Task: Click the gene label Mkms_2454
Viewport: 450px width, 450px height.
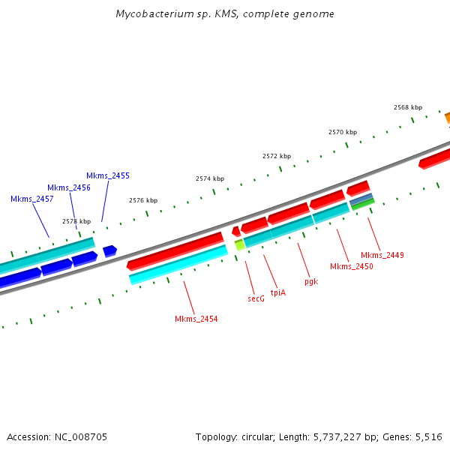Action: tap(196, 319)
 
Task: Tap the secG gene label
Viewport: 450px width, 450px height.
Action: tap(256, 298)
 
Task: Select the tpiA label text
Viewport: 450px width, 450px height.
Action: tap(277, 292)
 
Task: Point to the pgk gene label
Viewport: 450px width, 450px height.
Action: tap(310, 282)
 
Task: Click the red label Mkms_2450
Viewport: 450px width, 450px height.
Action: tap(351, 266)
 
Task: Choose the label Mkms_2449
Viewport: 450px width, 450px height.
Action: tap(382, 255)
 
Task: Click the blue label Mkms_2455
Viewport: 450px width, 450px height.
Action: tap(107, 175)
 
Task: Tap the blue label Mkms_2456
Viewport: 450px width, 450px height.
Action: tap(68, 187)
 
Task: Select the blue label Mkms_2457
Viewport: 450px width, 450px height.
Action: tap(31, 199)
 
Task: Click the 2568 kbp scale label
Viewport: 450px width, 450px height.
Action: tap(407, 107)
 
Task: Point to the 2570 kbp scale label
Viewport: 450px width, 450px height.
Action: tap(342, 132)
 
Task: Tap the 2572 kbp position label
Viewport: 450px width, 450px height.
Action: tap(276, 156)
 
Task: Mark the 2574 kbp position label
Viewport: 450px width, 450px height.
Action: tap(210, 178)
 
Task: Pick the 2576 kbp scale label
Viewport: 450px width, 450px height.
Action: tap(143, 200)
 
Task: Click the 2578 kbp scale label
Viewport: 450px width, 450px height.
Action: tap(76, 221)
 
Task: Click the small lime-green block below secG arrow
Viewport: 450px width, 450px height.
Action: tap(240, 244)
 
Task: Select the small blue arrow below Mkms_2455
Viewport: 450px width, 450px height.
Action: tap(109, 250)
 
